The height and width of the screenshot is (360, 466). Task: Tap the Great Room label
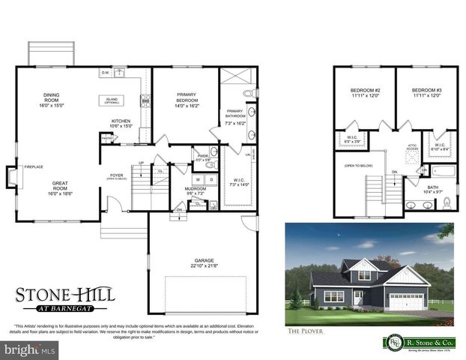click(60, 187)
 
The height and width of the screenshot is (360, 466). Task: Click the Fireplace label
click(33, 166)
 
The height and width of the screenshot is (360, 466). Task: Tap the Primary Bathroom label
click(236, 116)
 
